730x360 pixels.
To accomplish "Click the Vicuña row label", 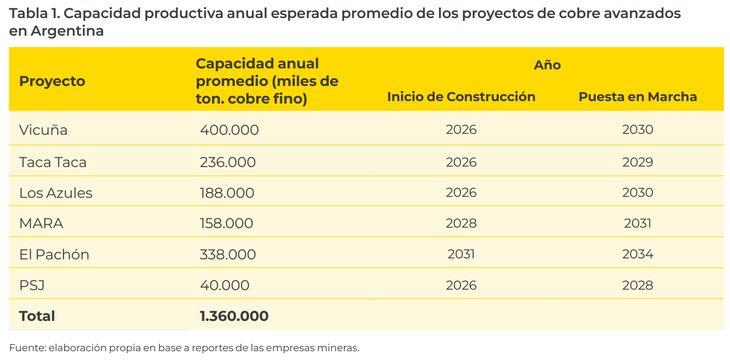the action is [x=43, y=129].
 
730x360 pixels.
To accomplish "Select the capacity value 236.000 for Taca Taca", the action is [x=228, y=162].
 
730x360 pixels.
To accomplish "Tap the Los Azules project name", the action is [x=56, y=193].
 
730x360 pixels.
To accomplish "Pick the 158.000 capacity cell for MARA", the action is [x=227, y=224].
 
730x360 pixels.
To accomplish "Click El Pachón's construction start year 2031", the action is [x=461, y=254].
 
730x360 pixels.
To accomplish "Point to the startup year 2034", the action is [x=637, y=254].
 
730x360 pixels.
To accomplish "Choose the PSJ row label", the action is [x=32, y=285].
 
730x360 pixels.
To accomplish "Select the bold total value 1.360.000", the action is [x=234, y=316].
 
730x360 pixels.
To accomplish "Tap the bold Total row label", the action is [x=37, y=316].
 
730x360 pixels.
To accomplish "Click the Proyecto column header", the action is [x=52, y=82].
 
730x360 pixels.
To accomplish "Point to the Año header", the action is [x=547, y=65].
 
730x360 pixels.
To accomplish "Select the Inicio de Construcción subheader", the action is [x=461, y=96].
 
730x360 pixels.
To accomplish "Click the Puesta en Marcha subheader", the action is [x=638, y=96].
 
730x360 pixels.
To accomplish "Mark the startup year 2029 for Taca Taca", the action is [x=637, y=162].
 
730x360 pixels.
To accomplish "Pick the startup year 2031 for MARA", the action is [x=637, y=224].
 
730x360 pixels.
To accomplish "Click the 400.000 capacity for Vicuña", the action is [x=230, y=129].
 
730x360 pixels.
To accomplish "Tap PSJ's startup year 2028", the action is [x=637, y=285].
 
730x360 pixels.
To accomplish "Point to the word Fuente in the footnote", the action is [x=26, y=347].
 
